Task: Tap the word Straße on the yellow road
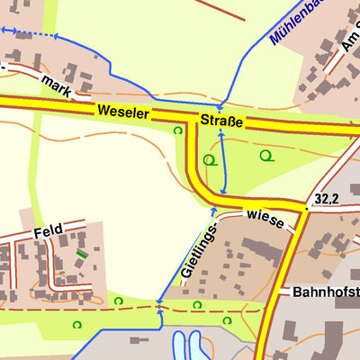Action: tap(221, 121)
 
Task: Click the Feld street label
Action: tap(47, 231)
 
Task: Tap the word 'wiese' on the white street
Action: tap(264, 218)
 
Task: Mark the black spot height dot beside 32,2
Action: tap(307, 207)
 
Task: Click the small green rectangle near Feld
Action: tap(83, 256)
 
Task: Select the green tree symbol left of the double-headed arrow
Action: tap(209, 160)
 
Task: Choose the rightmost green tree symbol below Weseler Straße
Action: tap(265, 155)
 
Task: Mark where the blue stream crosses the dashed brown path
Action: tap(159, 308)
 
